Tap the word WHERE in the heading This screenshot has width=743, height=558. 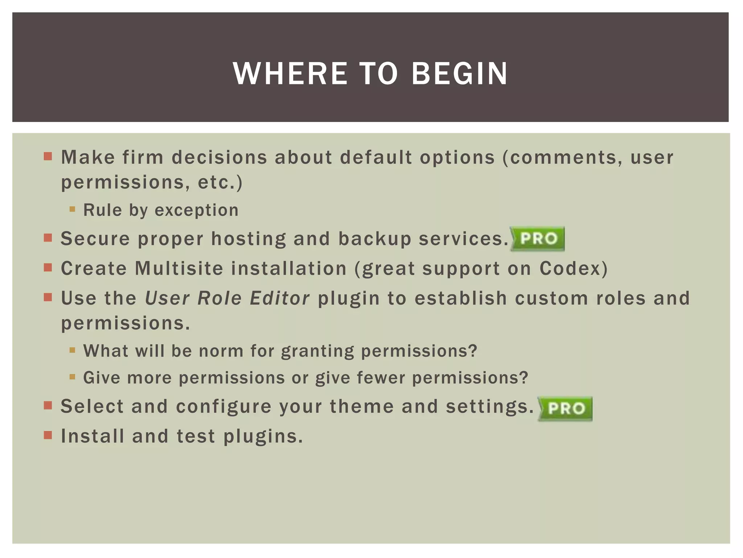pyautogui.click(x=290, y=74)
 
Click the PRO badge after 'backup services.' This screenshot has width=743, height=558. pyautogui.click(x=538, y=239)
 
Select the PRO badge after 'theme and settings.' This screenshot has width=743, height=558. pyautogui.click(x=565, y=408)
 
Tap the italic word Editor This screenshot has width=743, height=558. pyautogui.click(x=279, y=298)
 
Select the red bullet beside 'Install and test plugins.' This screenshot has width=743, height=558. pyautogui.click(x=48, y=435)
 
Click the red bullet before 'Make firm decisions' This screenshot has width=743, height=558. pyautogui.click(x=48, y=157)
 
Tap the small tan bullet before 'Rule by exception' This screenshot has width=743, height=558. pyautogui.click(x=72, y=209)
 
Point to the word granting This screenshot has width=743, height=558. pyautogui.click(x=317, y=351)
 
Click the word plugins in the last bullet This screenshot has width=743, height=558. pyautogui.click(x=263, y=437)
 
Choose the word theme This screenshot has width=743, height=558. pyautogui.click(x=361, y=406)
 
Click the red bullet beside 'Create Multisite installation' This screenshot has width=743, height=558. pyautogui.click(x=48, y=268)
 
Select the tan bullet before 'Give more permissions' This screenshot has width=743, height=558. pyautogui.click(x=72, y=377)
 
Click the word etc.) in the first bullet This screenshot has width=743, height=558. pyautogui.click(x=220, y=182)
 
